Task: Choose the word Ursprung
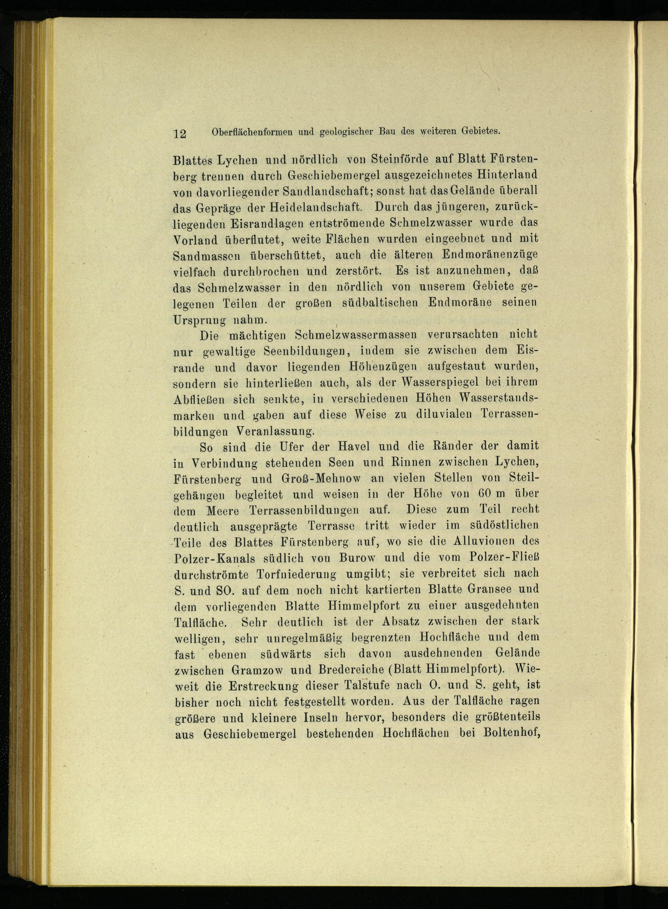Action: click(x=200, y=319)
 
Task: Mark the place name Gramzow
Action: click(x=261, y=670)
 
